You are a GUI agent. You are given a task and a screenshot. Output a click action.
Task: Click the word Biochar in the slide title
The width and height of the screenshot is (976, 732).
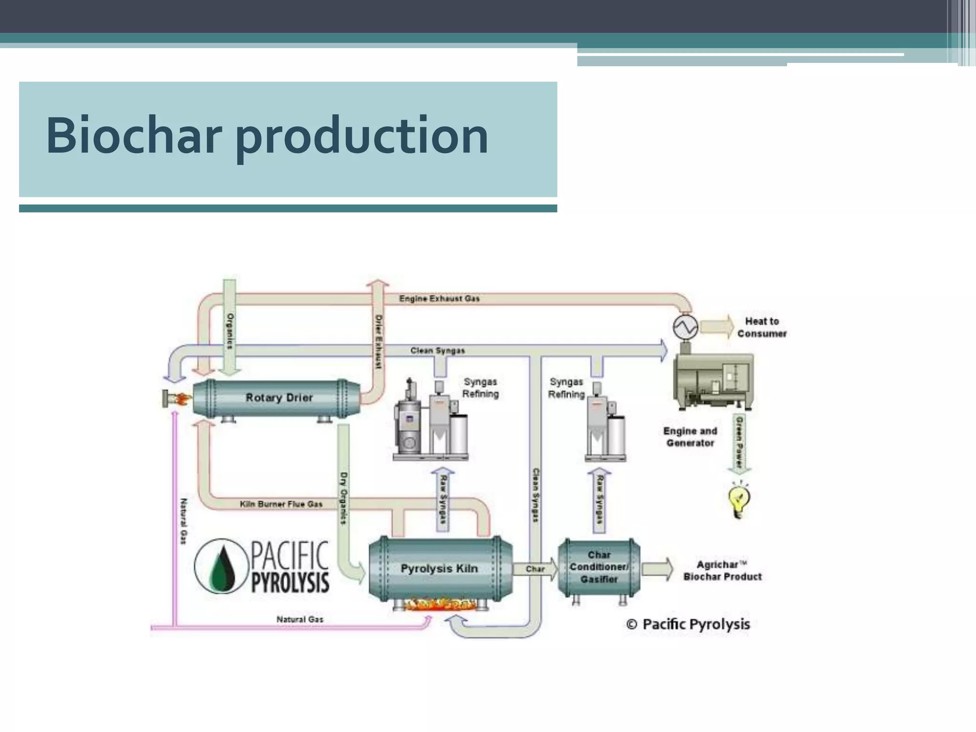133,136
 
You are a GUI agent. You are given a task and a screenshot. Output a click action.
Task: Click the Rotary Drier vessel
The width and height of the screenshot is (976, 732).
279,398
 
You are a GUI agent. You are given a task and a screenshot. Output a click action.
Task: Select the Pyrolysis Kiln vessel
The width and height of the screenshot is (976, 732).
439,569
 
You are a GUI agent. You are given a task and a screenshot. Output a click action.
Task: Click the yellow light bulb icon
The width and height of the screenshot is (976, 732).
739,500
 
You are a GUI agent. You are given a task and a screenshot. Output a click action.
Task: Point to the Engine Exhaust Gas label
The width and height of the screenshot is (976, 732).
439,299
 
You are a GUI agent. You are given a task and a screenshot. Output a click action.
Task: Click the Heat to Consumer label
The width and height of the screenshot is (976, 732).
762,327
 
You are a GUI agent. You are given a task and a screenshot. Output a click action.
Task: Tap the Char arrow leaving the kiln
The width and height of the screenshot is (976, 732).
535,569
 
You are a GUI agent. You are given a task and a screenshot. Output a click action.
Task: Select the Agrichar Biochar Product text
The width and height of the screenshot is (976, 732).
722,570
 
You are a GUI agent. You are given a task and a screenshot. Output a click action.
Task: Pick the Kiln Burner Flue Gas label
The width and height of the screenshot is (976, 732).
281,504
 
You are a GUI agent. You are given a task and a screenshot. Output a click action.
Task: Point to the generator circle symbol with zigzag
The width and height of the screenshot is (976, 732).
685,327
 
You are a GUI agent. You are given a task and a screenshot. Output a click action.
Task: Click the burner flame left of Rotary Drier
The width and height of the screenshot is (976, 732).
181,399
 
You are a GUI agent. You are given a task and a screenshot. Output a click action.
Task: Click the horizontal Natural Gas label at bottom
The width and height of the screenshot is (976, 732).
300,620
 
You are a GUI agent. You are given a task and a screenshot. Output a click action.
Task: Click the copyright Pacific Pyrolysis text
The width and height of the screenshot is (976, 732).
688,624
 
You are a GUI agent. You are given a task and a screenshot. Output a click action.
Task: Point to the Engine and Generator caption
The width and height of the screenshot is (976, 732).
690,437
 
